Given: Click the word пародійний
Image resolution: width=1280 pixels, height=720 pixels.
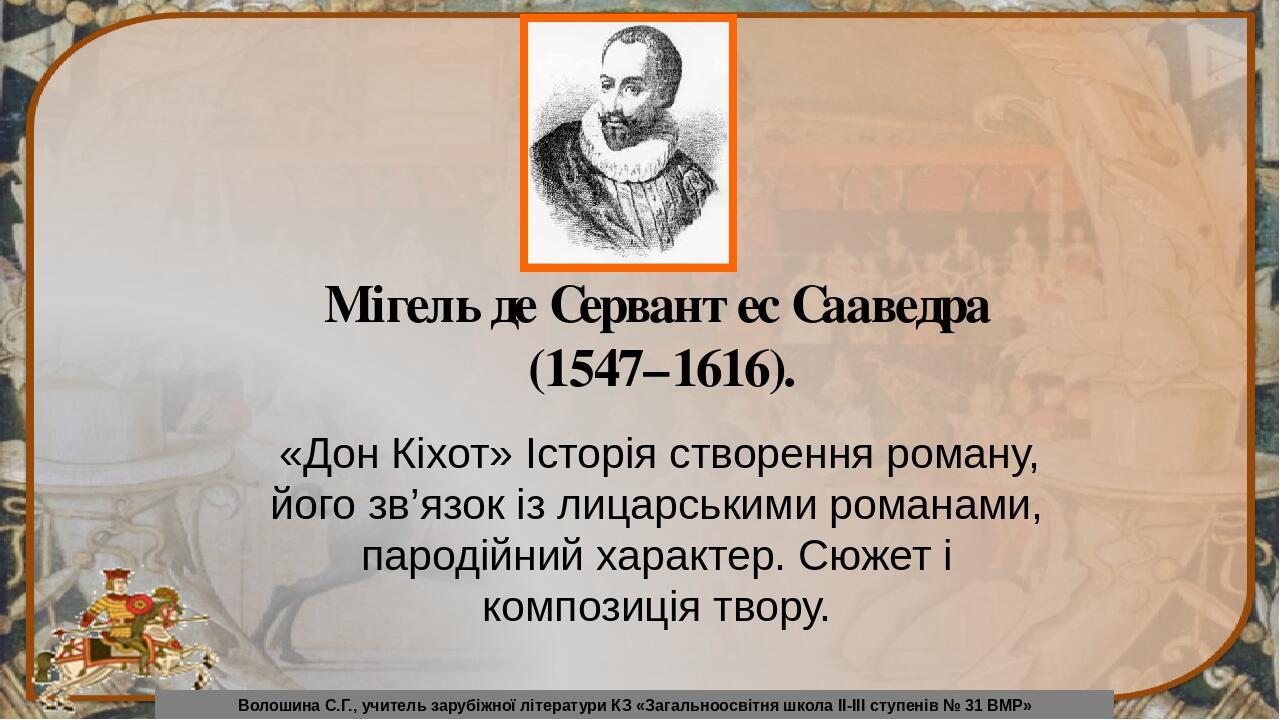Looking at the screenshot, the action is tap(472, 558).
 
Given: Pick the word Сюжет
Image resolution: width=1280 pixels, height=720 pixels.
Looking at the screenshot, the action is tap(865, 557).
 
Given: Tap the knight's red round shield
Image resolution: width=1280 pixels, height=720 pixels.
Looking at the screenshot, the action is tap(137, 605).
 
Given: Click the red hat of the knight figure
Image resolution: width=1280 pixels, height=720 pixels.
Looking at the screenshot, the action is tap(116, 575).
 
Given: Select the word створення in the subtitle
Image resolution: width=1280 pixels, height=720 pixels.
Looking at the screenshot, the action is tap(771, 457).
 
